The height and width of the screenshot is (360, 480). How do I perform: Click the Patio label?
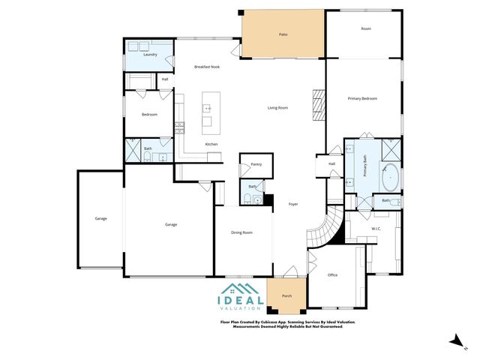click(x=283, y=34)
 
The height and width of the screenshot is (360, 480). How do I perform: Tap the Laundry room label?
click(x=150, y=55)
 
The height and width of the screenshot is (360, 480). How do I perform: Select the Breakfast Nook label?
click(x=206, y=67)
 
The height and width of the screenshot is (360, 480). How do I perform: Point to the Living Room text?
click(x=278, y=107)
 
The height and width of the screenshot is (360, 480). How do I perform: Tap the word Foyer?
click(x=293, y=204)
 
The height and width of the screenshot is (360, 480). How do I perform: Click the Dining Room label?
click(x=241, y=232)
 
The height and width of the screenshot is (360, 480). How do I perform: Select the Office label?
click(x=332, y=274)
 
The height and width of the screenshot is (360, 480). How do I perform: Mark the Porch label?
click(x=286, y=296)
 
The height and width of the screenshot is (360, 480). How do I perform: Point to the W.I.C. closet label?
click(x=376, y=228)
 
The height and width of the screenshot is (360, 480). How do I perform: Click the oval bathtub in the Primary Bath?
click(x=389, y=178)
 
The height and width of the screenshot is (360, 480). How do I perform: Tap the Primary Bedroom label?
click(x=361, y=98)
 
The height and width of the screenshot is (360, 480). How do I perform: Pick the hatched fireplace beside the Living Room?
click(x=316, y=99)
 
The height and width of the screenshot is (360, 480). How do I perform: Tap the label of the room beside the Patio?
click(x=366, y=28)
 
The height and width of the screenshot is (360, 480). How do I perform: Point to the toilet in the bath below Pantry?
click(x=247, y=199)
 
